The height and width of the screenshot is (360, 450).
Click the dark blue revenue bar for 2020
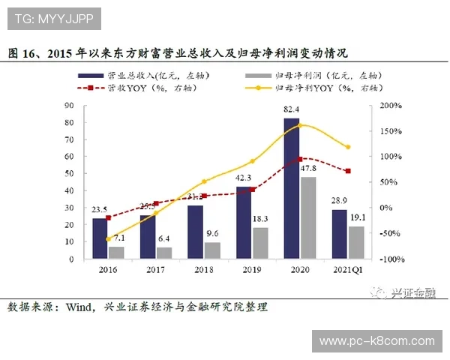click(x=291, y=188)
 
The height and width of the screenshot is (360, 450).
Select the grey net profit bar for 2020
click(x=307, y=217)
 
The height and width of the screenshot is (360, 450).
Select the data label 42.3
click(x=244, y=178)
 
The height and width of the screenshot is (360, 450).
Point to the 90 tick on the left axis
click(x=70, y=106)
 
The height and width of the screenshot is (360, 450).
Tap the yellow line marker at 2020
click(x=300, y=124)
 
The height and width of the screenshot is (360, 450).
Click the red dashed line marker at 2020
click(x=300, y=159)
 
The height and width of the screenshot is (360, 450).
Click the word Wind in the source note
click(x=81, y=307)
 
